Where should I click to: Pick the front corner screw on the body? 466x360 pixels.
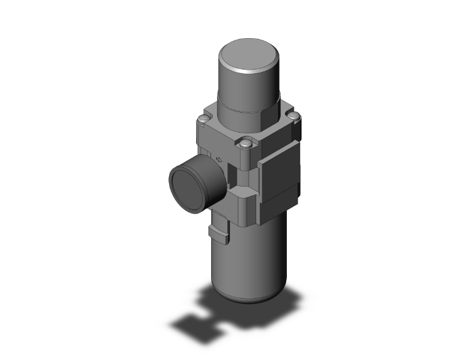[246, 145]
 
